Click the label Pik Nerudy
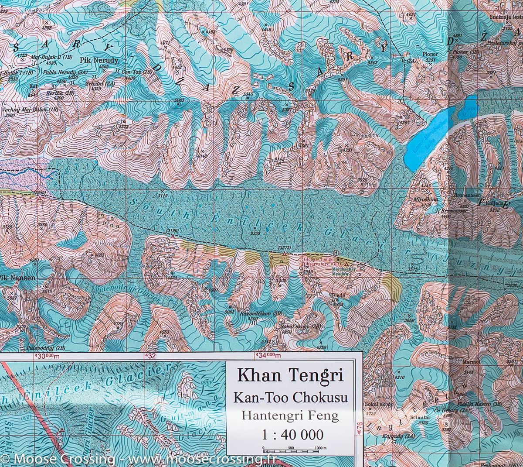click(x=99, y=60)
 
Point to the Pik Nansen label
click(x=12, y=277)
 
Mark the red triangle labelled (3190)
click(x=173, y=236)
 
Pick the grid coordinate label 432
click(x=150, y=356)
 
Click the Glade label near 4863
click(x=338, y=295)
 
